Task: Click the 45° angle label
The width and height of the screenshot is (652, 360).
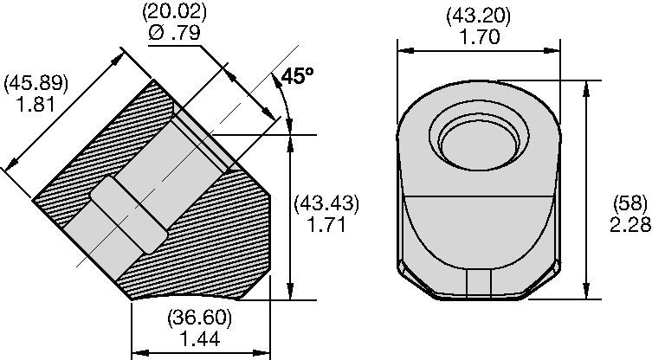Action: [298, 75]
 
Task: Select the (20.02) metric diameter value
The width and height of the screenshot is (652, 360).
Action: [174, 12]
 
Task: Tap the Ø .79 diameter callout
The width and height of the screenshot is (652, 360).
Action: [174, 32]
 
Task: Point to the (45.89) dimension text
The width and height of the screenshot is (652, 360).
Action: [36, 83]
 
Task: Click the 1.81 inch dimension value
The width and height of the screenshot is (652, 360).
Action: [36, 104]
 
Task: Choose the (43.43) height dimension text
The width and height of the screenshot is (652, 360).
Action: [326, 203]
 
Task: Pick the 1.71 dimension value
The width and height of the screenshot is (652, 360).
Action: [326, 224]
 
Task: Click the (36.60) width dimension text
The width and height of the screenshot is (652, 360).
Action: [199, 318]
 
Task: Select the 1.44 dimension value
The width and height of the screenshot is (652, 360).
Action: [200, 339]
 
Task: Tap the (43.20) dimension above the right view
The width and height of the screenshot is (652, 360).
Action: [478, 16]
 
